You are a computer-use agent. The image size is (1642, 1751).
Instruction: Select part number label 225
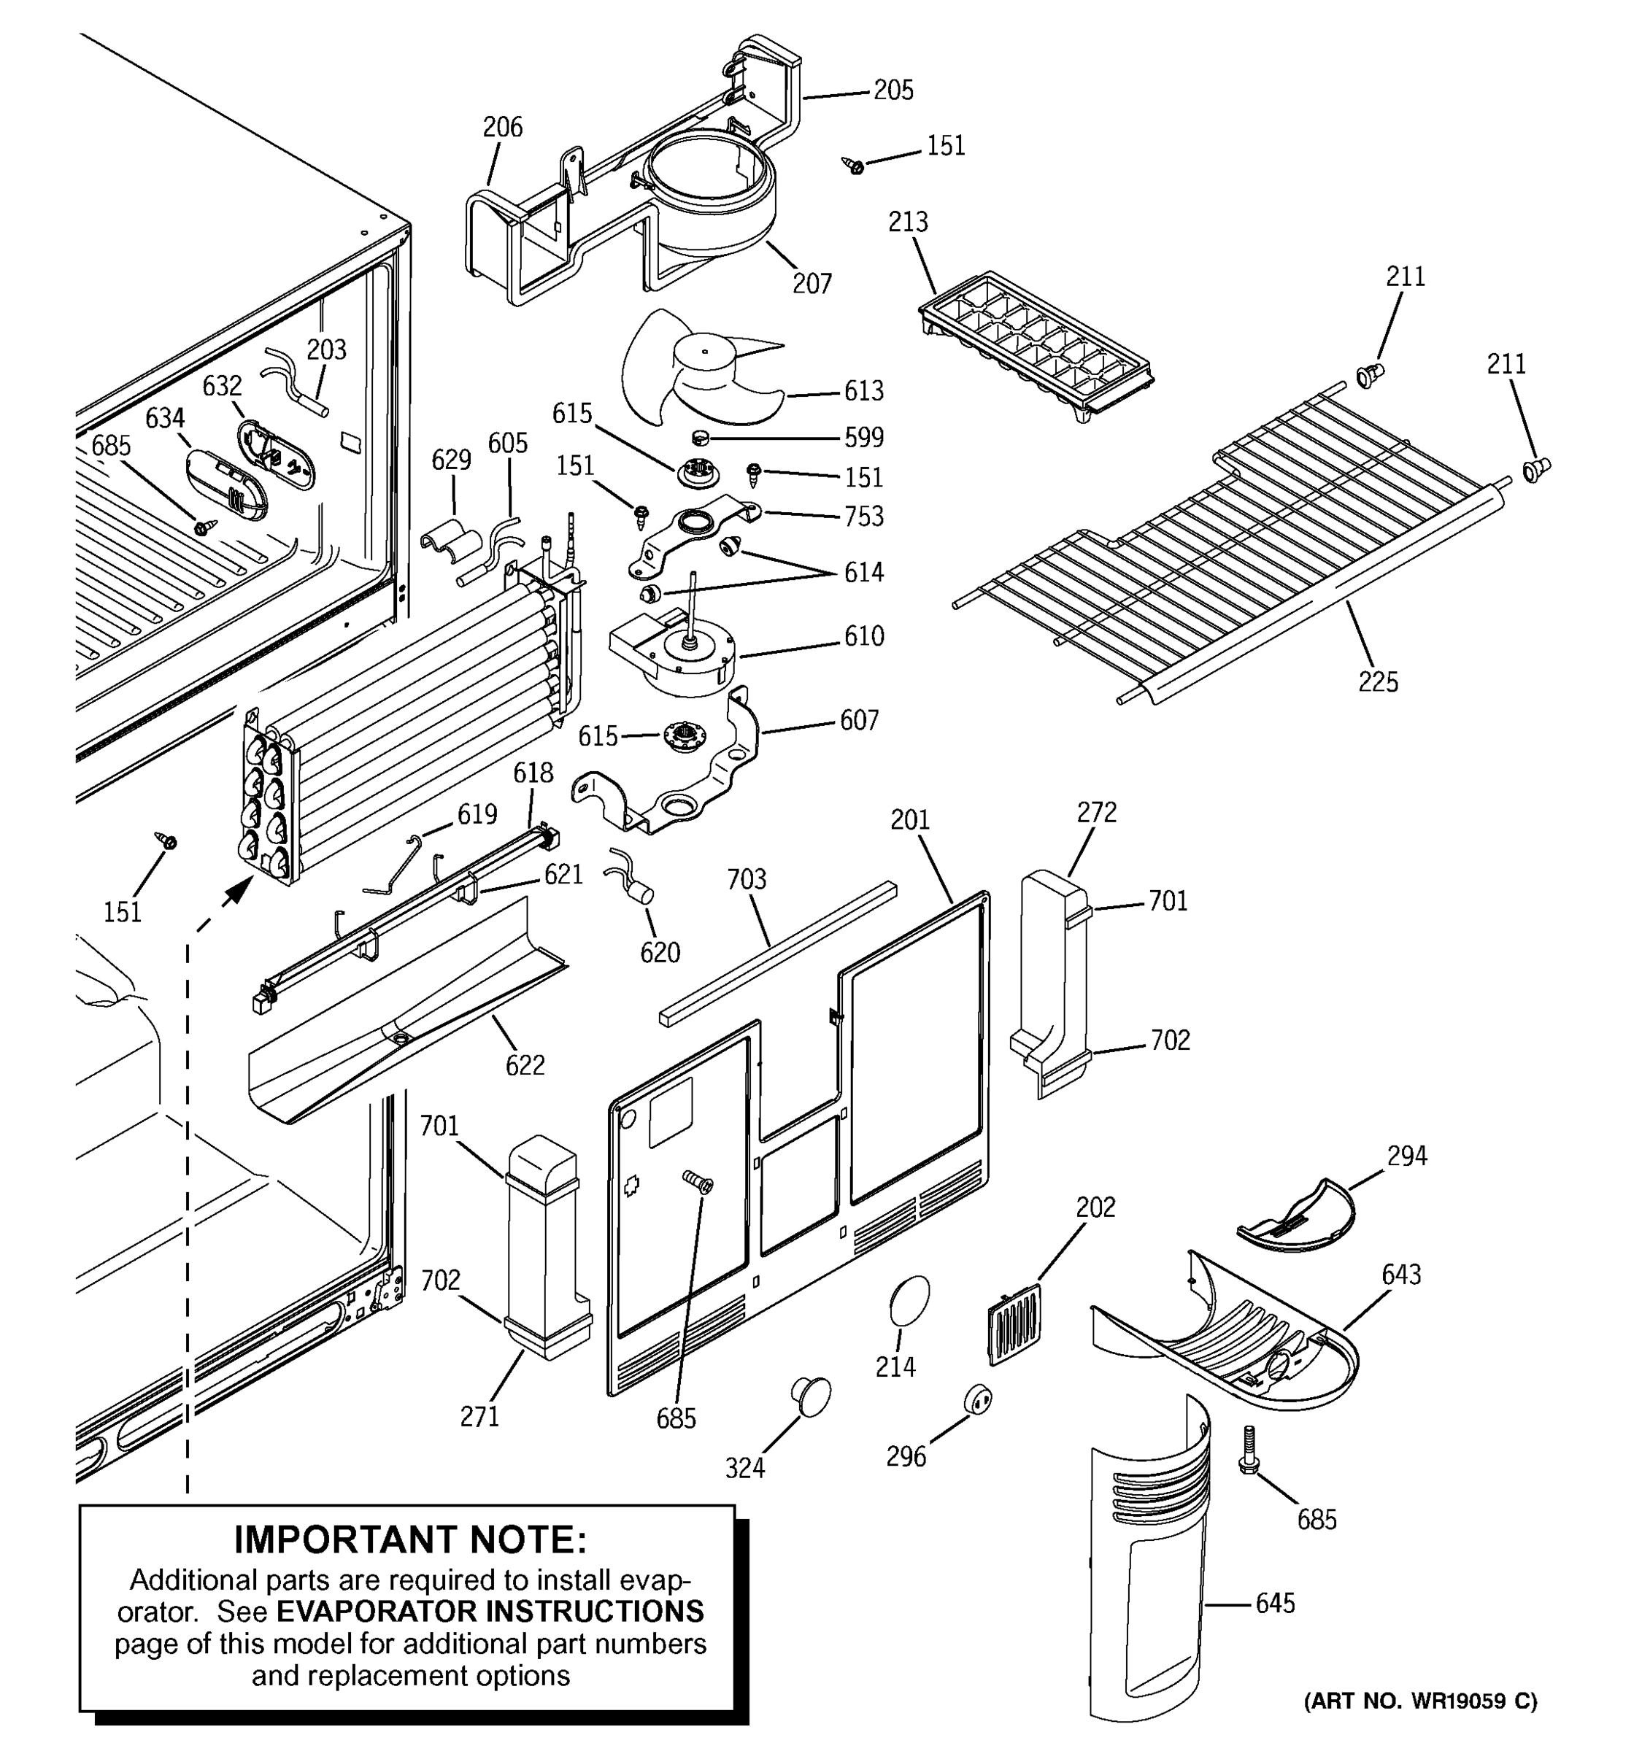point(1378,681)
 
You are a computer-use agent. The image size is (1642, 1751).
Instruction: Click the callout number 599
point(863,438)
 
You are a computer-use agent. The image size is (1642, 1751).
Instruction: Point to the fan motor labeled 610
point(678,656)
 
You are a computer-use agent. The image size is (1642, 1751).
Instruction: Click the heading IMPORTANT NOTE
point(409,1539)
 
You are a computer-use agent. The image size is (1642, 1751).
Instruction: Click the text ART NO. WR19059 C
point(1420,1701)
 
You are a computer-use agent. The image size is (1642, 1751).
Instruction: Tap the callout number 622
point(525,1065)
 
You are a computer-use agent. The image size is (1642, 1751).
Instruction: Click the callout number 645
point(1275,1603)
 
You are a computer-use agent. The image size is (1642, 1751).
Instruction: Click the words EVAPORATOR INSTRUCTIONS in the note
point(490,1611)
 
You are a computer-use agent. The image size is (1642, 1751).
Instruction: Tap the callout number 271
point(479,1416)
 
